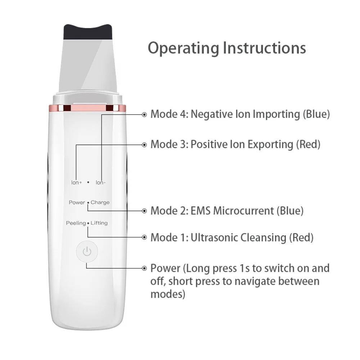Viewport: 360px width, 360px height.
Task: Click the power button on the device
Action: [x=87, y=251]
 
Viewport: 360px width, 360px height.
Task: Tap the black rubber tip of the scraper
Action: [x=88, y=32]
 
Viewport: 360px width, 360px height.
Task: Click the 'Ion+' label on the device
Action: [x=76, y=183]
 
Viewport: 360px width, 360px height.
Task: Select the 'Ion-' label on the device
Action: [x=100, y=183]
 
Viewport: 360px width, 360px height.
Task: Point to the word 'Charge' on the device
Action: [x=100, y=202]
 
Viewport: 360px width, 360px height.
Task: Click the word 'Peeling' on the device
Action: [x=76, y=223]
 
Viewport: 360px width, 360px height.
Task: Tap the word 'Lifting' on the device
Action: [x=99, y=223]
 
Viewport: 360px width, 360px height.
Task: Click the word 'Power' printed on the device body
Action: [x=77, y=202]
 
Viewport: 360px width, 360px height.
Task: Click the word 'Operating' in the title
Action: [x=184, y=49]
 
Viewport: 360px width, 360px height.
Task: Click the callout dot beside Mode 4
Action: [x=144, y=114]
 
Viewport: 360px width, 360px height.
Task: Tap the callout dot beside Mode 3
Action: [x=144, y=145]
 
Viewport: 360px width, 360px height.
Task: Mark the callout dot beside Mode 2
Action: [x=144, y=211]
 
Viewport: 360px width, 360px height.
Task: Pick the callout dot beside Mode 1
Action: [x=144, y=237]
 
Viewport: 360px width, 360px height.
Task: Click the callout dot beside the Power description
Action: [x=144, y=268]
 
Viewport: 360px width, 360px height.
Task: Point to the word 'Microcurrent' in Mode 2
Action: [x=243, y=211]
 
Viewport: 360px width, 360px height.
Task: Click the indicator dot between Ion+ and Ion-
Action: [x=88, y=182]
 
